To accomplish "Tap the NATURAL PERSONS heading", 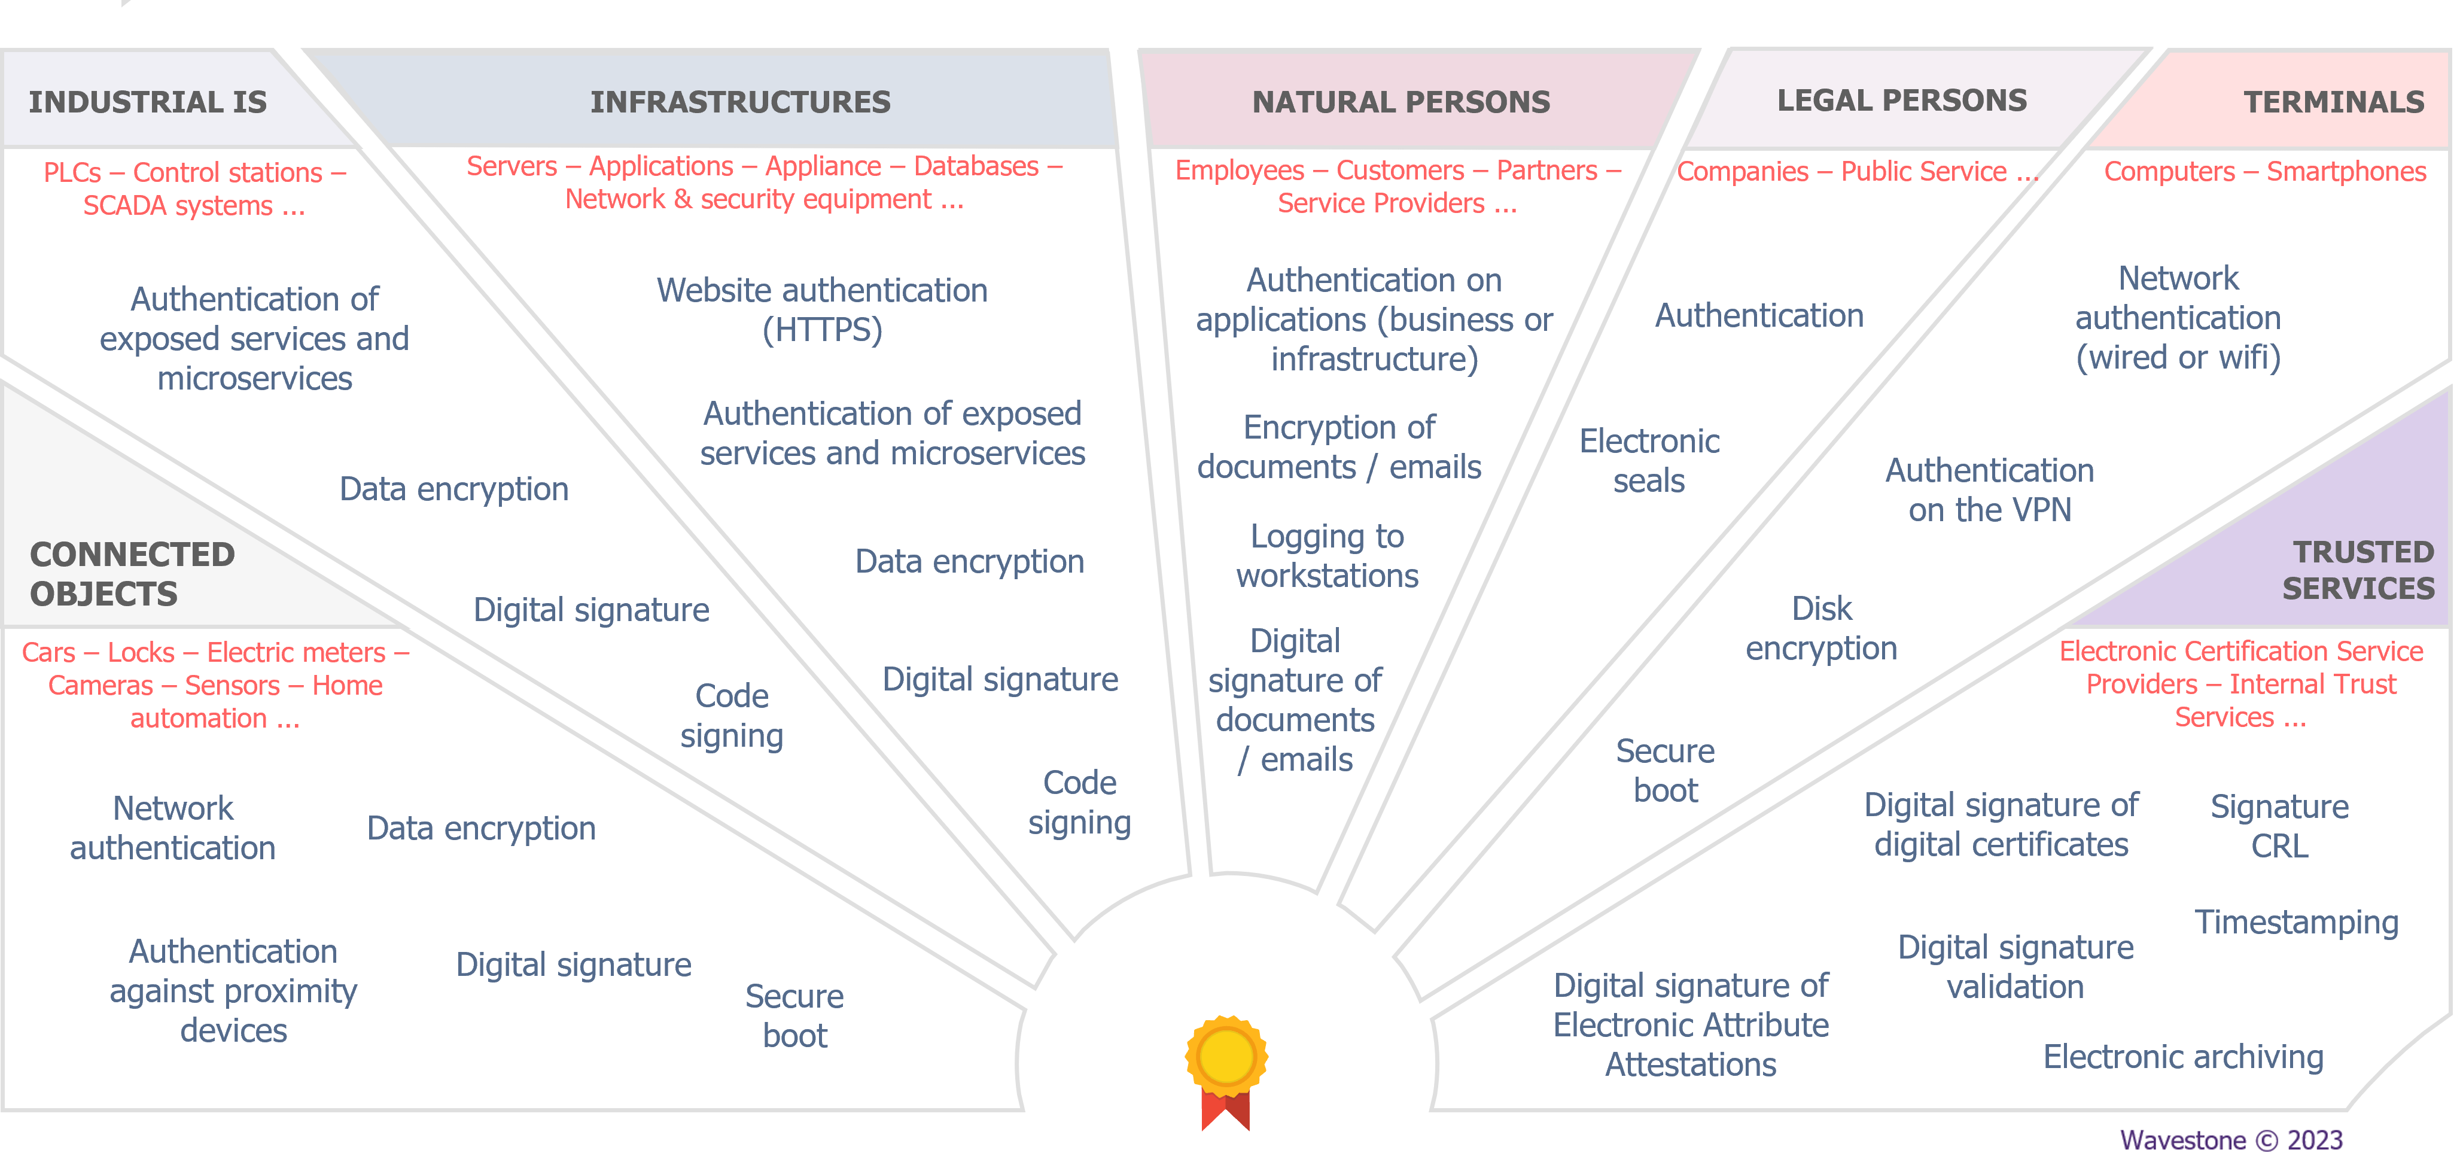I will tap(1401, 101).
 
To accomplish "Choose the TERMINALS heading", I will tap(2333, 101).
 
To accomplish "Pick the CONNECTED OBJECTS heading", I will tap(132, 574).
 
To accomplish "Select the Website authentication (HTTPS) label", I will tap(821, 310).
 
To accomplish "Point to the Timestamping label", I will tap(2295, 921).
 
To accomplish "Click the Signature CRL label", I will tap(2279, 826).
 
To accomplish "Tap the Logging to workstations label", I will tap(1326, 555).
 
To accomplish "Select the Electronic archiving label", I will tap(2183, 1057).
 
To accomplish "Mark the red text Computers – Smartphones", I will tap(2264, 171).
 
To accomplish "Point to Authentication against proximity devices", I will tap(233, 991).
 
